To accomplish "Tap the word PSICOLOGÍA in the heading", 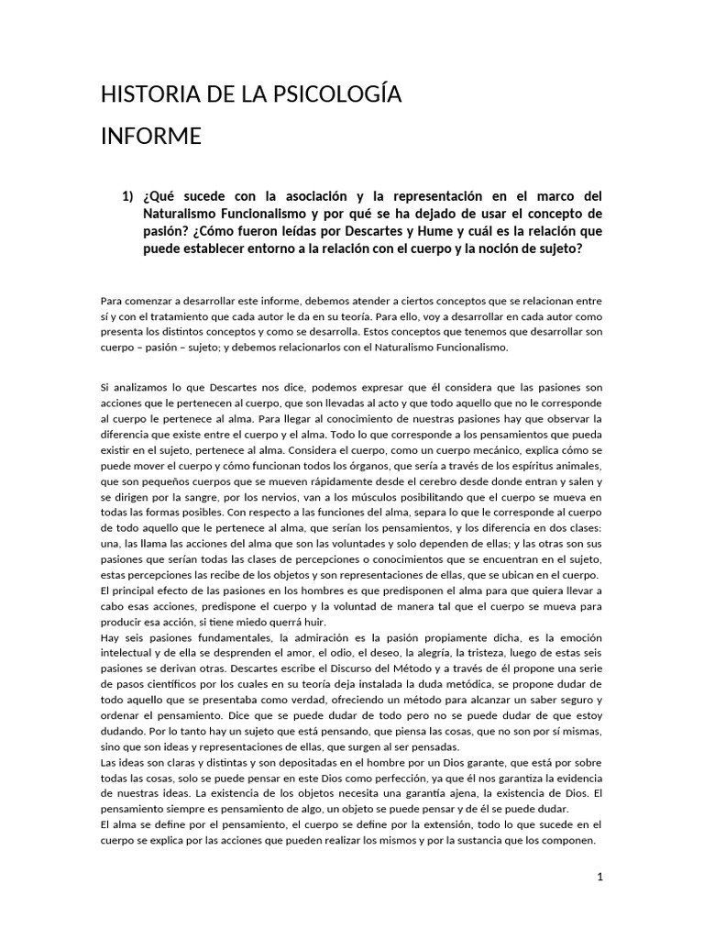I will tap(332, 94).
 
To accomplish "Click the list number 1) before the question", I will tap(127, 196).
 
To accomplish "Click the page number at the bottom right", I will tap(599, 878).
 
